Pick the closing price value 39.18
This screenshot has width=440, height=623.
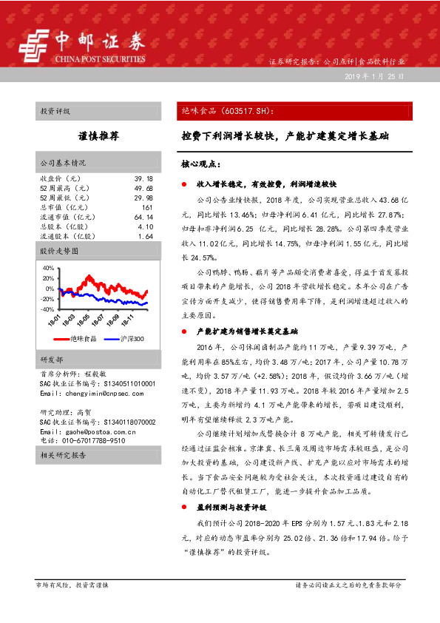point(143,179)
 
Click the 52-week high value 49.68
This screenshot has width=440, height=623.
point(143,189)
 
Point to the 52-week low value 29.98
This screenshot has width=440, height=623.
point(143,198)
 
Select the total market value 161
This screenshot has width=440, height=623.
point(146,208)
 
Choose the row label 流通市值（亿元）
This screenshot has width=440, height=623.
point(66,218)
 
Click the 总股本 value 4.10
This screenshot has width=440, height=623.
point(145,227)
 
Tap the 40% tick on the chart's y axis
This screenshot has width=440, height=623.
point(48,268)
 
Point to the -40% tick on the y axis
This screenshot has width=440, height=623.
point(47,309)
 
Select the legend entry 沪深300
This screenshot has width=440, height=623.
point(132,338)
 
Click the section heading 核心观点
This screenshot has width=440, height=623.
point(200,163)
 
